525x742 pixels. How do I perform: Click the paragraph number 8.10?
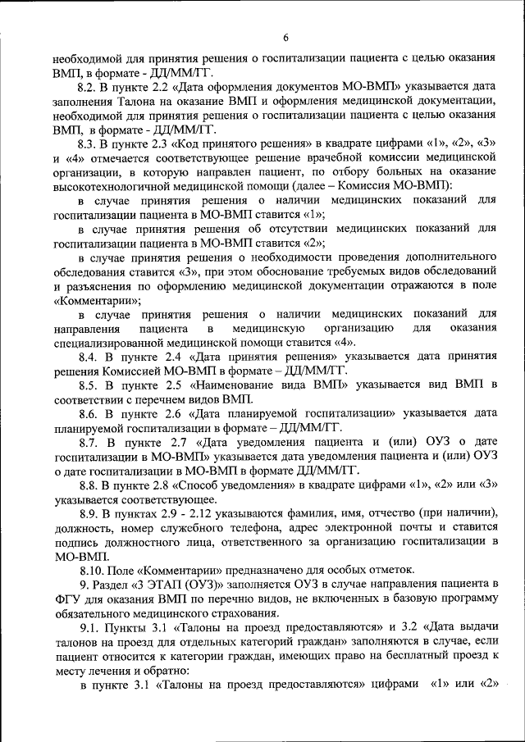92,570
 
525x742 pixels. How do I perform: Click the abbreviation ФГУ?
63,599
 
